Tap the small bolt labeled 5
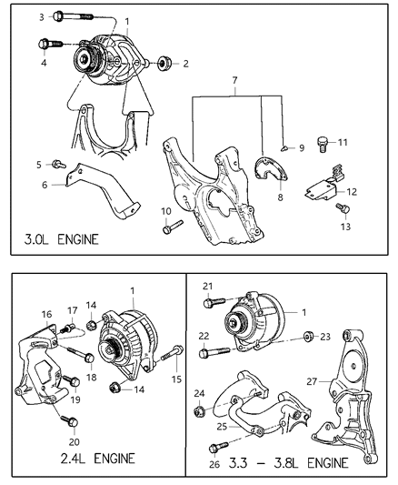58,164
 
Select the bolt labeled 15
166,358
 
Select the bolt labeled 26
215,446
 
